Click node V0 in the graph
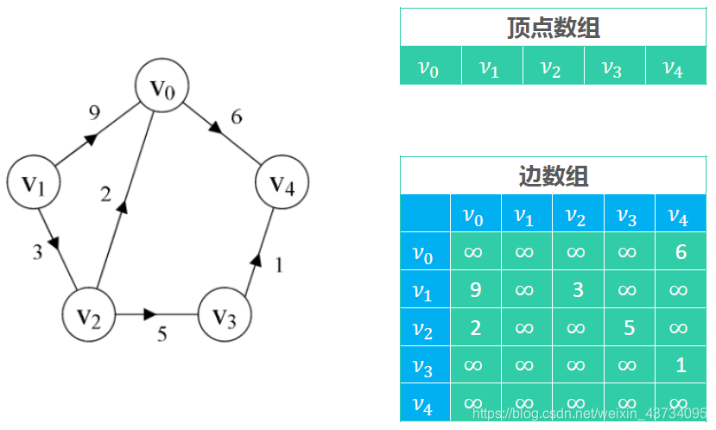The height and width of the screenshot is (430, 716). [162, 87]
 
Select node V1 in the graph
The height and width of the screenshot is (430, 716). [34, 183]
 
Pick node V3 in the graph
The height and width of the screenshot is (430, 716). [225, 317]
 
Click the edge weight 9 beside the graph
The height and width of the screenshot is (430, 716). [95, 112]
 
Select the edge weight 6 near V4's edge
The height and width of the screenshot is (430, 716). [236, 117]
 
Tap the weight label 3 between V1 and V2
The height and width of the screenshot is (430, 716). [37, 253]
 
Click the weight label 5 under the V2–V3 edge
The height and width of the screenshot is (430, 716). [162, 334]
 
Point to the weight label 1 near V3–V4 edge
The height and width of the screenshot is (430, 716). [279, 265]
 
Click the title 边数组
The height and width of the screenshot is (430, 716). [553, 177]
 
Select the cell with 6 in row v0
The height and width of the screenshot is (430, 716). [680, 252]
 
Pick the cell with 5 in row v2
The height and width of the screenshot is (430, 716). [628, 328]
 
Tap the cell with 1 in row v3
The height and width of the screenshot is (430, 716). [680, 365]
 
